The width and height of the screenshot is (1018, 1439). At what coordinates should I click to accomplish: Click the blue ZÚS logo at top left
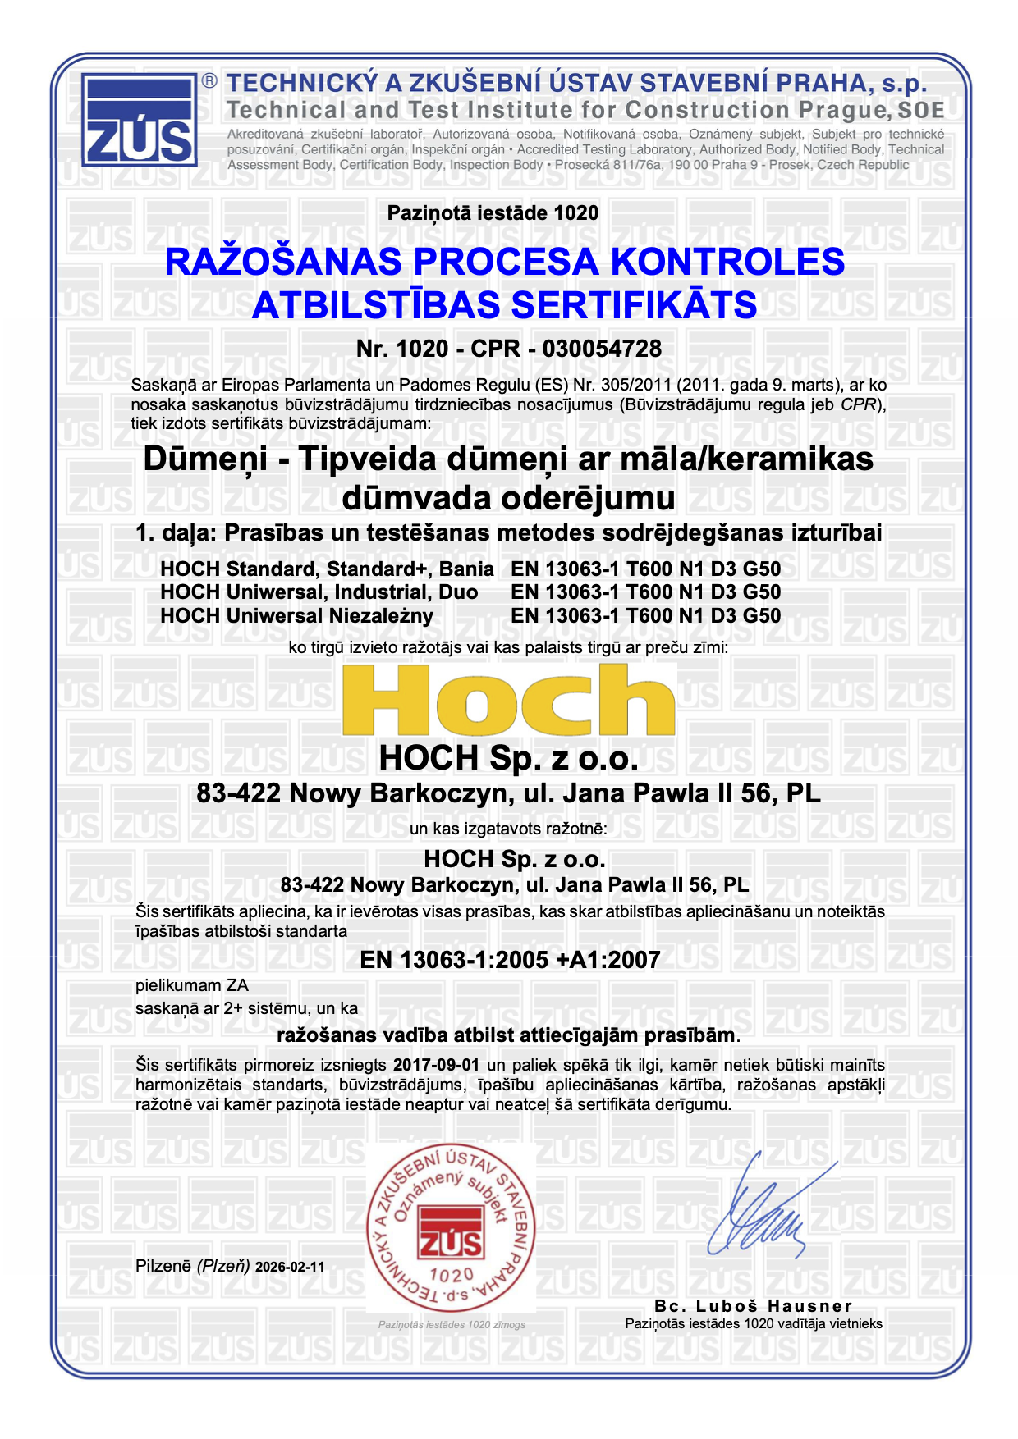tap(140, 120)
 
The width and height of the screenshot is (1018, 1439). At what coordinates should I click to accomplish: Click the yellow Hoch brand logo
tap(509, 699)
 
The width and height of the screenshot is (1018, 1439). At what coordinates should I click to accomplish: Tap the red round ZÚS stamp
tap(451, 1227)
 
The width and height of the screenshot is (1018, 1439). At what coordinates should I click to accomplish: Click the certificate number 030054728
tap(602, 349)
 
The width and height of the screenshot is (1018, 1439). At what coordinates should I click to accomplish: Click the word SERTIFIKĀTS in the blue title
tap(633, 305)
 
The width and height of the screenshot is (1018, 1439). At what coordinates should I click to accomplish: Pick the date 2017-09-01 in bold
tap(436, 1065)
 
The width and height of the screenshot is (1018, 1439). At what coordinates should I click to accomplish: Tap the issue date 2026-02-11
tap(290, 1267)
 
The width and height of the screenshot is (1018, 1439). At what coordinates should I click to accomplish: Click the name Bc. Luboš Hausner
tap(754, 1305)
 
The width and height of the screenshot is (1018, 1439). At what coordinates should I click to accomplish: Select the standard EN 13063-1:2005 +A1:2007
tap(510, 959)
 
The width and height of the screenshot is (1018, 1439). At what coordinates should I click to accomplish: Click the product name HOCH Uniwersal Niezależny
tap(296, 615)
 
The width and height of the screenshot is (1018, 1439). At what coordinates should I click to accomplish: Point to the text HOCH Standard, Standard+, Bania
tap(327, 569)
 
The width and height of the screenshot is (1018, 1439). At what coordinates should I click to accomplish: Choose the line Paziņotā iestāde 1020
tap(493, 213)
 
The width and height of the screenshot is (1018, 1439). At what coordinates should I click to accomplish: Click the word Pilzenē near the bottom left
tap(163, 1266)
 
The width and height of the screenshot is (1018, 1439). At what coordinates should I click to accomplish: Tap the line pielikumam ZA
tap(191, 985)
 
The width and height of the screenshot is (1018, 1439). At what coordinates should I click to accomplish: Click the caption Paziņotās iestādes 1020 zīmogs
tap(452, 1324)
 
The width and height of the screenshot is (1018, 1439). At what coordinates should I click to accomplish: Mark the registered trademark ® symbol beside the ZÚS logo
tap(210, 80)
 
